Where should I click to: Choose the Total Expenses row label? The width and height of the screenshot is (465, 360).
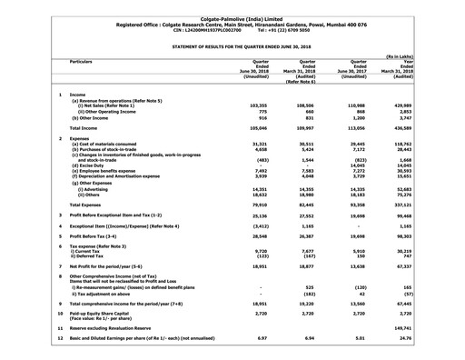point(90,205)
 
